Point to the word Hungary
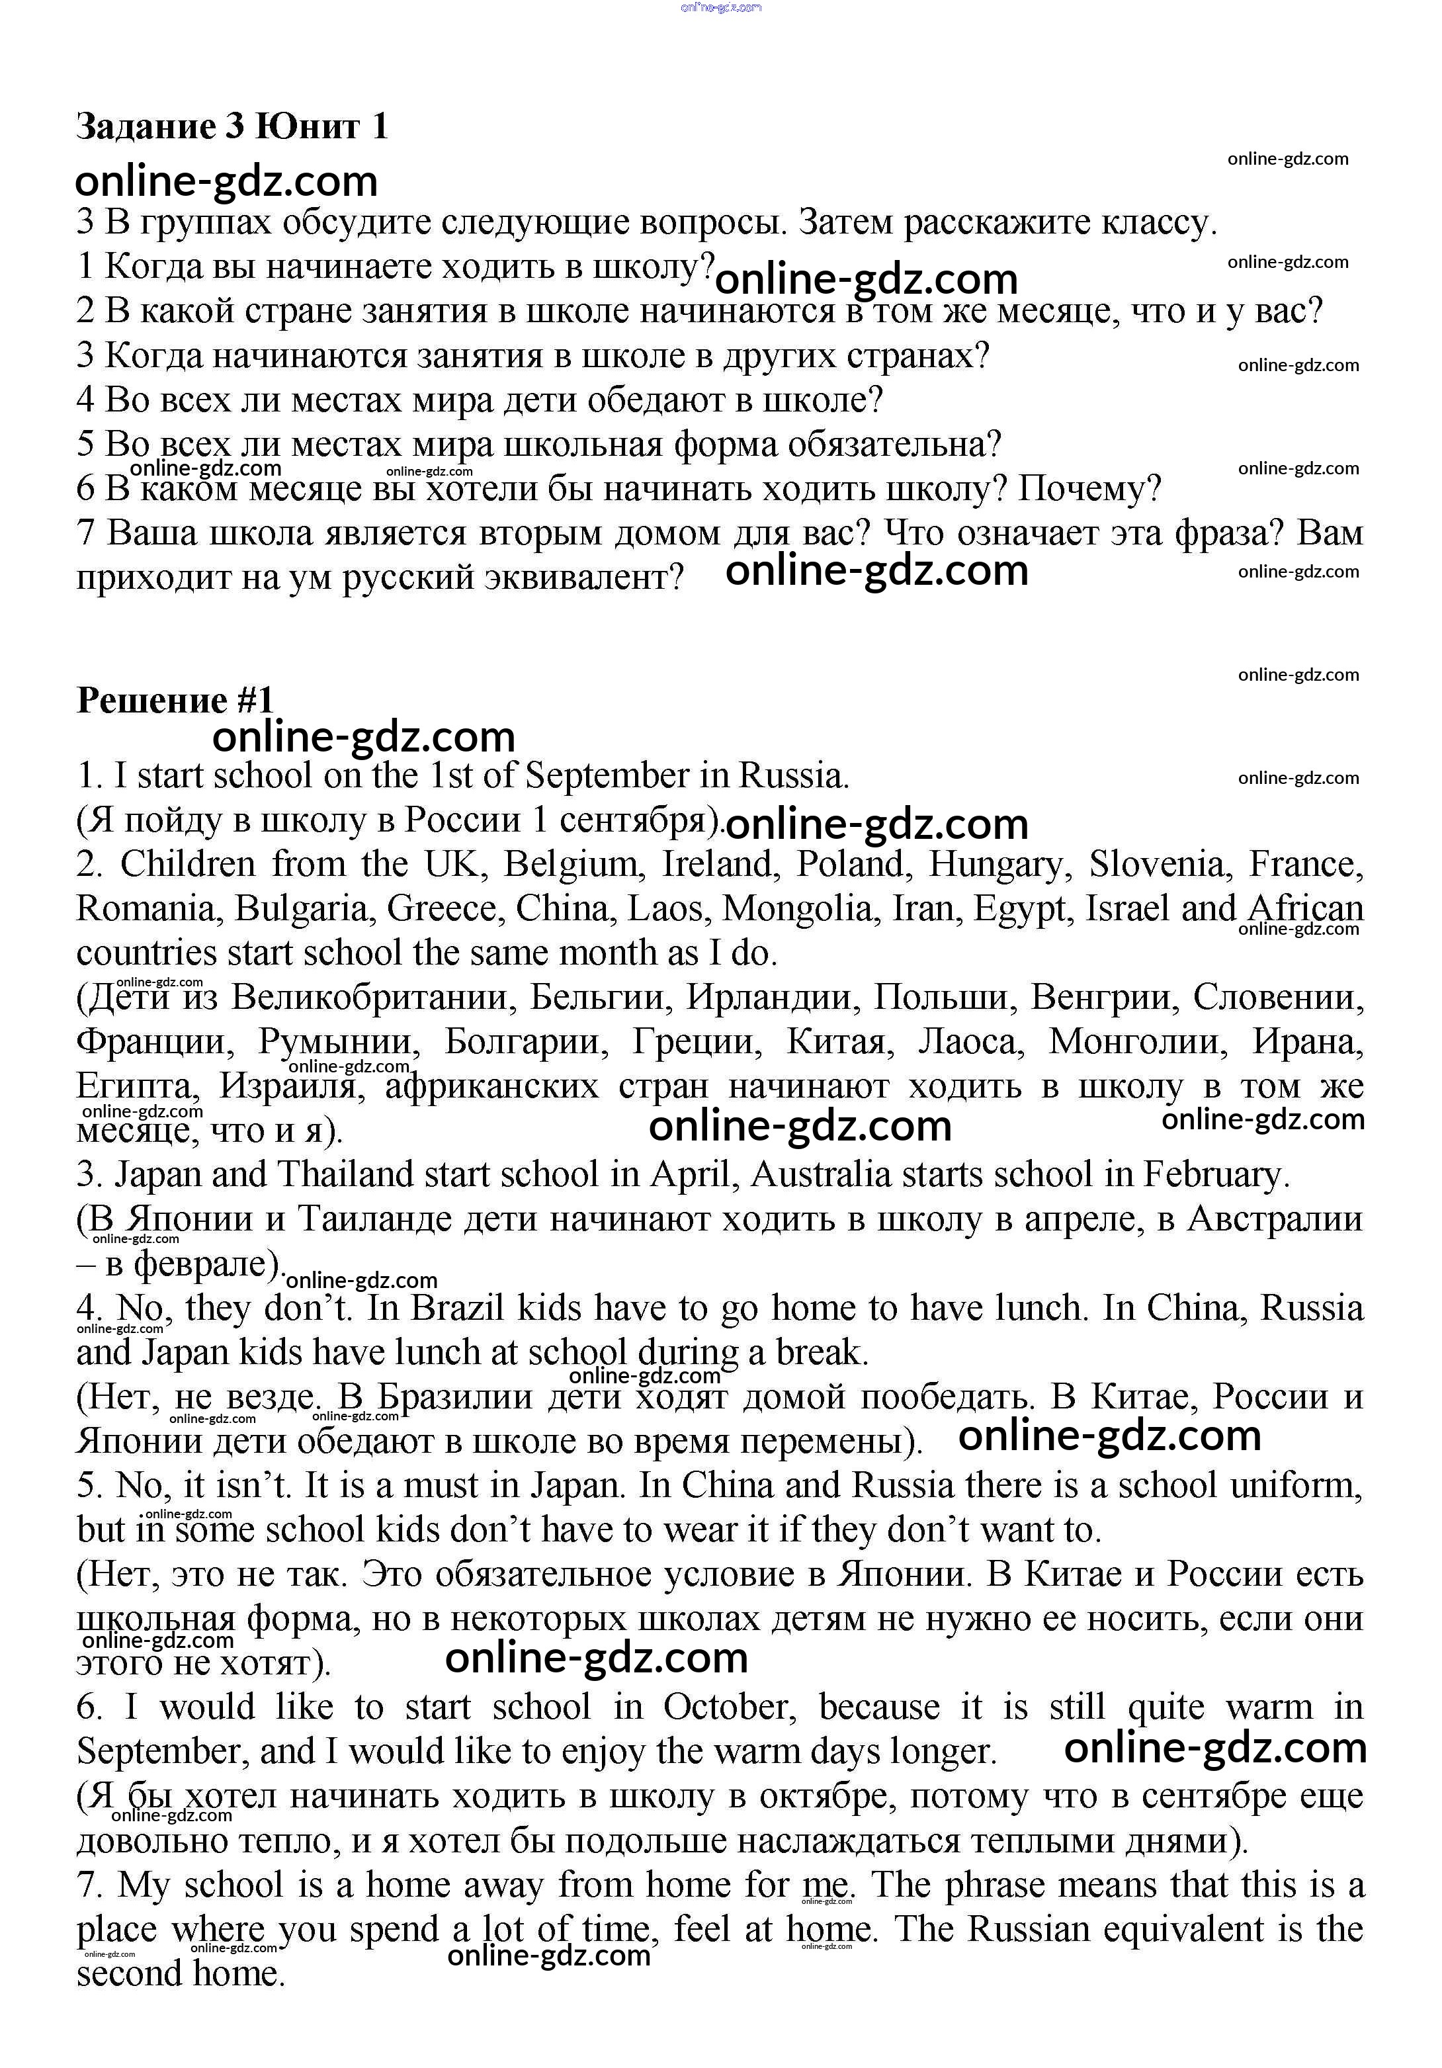click(999, 865)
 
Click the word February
click(1216, 1174)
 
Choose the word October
click(730, 1707)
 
